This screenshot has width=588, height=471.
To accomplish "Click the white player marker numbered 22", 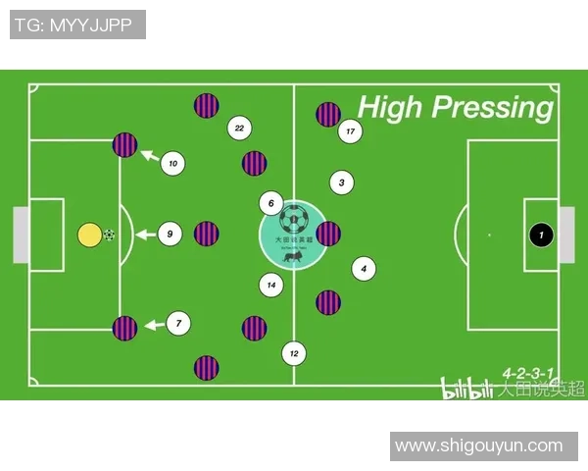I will (238, 128).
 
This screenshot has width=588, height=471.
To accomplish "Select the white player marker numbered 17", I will (350, 131).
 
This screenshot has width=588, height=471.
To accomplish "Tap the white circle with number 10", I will (173, 164).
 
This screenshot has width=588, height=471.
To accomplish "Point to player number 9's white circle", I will (170, 235).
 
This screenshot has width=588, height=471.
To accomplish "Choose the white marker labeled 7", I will (178, 323).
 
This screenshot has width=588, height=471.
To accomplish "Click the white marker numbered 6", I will (270, 204).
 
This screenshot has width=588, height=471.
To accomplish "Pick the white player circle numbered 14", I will (271, 286).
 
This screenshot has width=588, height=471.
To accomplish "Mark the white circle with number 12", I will (293, 353).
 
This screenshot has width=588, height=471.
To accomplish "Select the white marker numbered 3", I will (341, 183).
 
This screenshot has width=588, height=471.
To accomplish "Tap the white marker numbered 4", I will (364, 268).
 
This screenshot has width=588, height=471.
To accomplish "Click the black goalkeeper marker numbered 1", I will (541, 235).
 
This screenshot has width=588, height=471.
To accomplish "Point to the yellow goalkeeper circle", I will (89, 235).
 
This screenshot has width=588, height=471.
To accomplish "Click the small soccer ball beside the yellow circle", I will (109, 235).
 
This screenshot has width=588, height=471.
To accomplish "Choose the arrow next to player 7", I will (153, 324).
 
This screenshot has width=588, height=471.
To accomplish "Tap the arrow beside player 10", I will (148, 154).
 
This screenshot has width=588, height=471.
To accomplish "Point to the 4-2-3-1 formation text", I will (528, 373).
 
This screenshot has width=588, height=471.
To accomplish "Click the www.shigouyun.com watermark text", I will (478, 446).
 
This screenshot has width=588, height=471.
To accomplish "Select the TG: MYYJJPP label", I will (77, 25).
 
